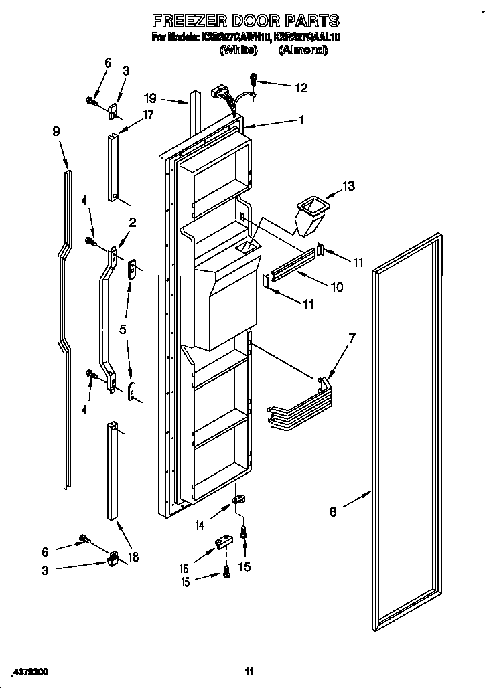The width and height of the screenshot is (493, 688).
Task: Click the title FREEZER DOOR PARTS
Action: (246, 21)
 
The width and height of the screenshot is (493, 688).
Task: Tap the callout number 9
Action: (56, 132)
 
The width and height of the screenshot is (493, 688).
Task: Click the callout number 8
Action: (333, 513)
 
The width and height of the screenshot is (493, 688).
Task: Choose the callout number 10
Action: (336, 287)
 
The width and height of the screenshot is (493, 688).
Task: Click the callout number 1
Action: (301, 120)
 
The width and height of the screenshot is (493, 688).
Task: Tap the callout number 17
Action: (148, 114)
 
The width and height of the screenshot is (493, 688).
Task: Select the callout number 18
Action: (133, 557)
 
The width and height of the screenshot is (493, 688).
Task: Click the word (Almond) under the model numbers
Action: (303, 50)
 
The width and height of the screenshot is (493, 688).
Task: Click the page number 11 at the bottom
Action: (249, 671)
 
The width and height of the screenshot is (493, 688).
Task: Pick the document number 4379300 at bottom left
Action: (29, 671)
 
